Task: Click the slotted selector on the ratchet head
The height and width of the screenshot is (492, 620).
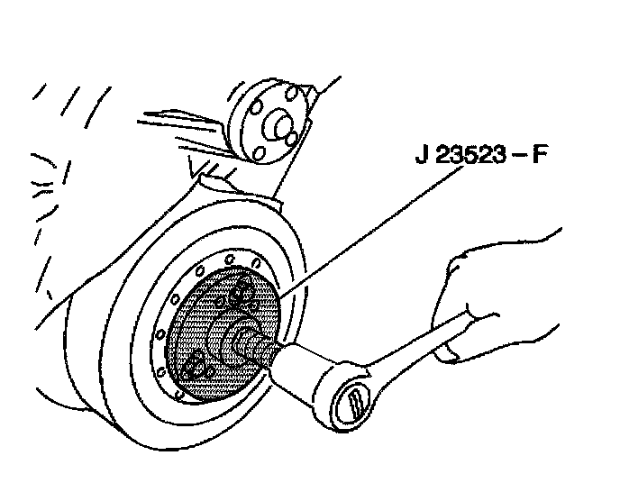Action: pos(353,399)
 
